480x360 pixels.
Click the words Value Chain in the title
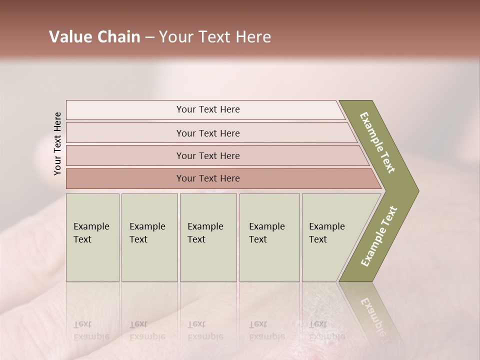point(94,37)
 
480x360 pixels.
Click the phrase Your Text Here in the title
point(215,37)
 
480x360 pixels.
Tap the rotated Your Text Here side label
point(57,143)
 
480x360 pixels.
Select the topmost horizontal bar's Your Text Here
point(208,109)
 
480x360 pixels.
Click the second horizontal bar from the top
point(208,133)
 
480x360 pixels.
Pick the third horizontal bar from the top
point(208,155)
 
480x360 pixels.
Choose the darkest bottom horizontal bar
point(208,178)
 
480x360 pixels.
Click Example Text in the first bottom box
point(91,233)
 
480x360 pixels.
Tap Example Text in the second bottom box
point(147,233)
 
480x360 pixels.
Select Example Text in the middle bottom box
point(205,233)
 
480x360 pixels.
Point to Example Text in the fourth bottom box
point(266,233)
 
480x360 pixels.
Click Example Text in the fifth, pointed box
point(326,233)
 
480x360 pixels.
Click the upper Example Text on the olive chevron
point(377,142)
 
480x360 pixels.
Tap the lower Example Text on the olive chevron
point(379,236)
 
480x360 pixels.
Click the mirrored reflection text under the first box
point(91,330)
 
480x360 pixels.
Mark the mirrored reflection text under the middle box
point(205,330)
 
